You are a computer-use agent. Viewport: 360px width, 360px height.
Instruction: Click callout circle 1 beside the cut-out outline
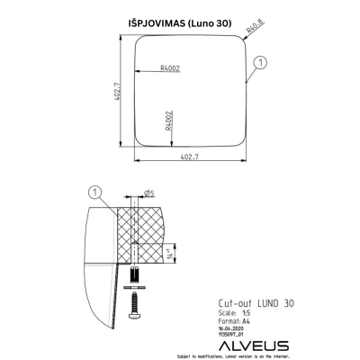[x=259, y=62]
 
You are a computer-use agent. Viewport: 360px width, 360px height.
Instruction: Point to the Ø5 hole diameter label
[x=148, y=192]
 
